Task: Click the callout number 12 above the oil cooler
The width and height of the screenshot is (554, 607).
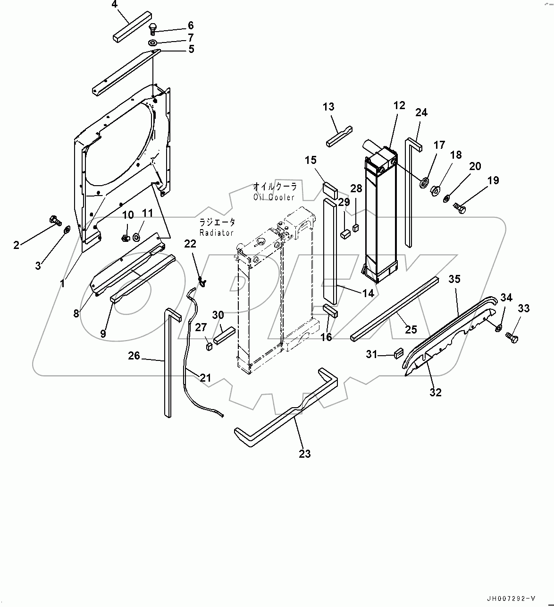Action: point(399,105)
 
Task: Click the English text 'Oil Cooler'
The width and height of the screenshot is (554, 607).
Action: point(274,197)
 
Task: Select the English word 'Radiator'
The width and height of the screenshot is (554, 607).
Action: point(217,233)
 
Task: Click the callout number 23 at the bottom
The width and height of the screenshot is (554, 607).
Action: point(305,454)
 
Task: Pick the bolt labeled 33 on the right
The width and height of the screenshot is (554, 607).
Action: point(512,337)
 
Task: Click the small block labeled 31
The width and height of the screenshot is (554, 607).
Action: point(398,353)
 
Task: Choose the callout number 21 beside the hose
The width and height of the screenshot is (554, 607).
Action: point(205,377)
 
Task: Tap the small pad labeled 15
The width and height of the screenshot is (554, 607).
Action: point(329,190)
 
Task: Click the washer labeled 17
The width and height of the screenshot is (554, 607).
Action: point(424,181)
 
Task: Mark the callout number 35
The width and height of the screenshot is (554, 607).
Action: point(454,279)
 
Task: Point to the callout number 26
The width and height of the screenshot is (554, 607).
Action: point(134,355)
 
